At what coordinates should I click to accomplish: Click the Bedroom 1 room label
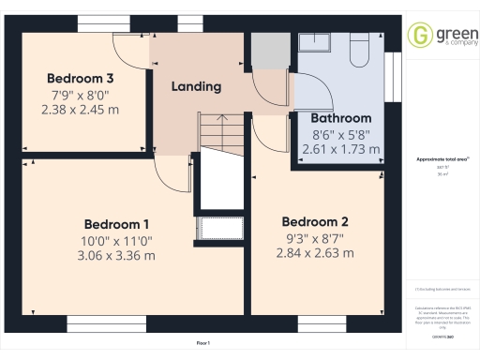(x=116, y=224)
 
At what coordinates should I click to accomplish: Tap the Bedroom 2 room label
(x=315, y=222)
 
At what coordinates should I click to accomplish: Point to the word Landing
(x=196, y=86)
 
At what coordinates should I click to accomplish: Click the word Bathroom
(x=340, y=119)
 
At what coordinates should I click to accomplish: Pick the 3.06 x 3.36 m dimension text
(x=116, y=255)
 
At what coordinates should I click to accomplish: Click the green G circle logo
(x=419, y=36)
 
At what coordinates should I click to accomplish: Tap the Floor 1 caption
(x=202, y=345)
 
